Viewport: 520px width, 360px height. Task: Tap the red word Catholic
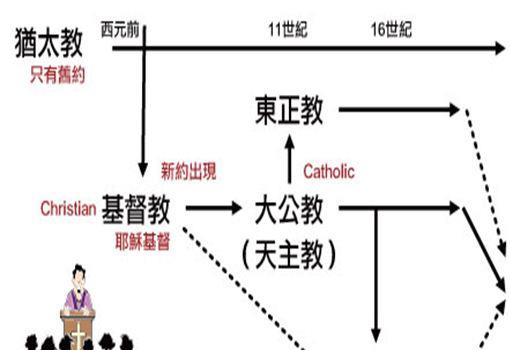(x=329, y=172)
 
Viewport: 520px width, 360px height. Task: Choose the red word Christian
(x=67, y=209)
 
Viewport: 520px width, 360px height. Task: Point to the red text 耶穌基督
(x=143, y=242)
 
